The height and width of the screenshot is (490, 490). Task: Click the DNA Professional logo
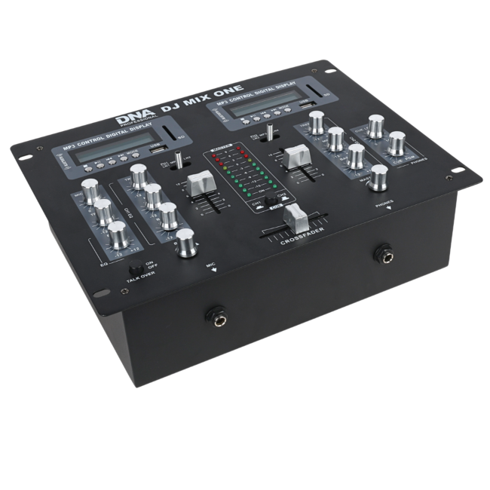136,119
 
